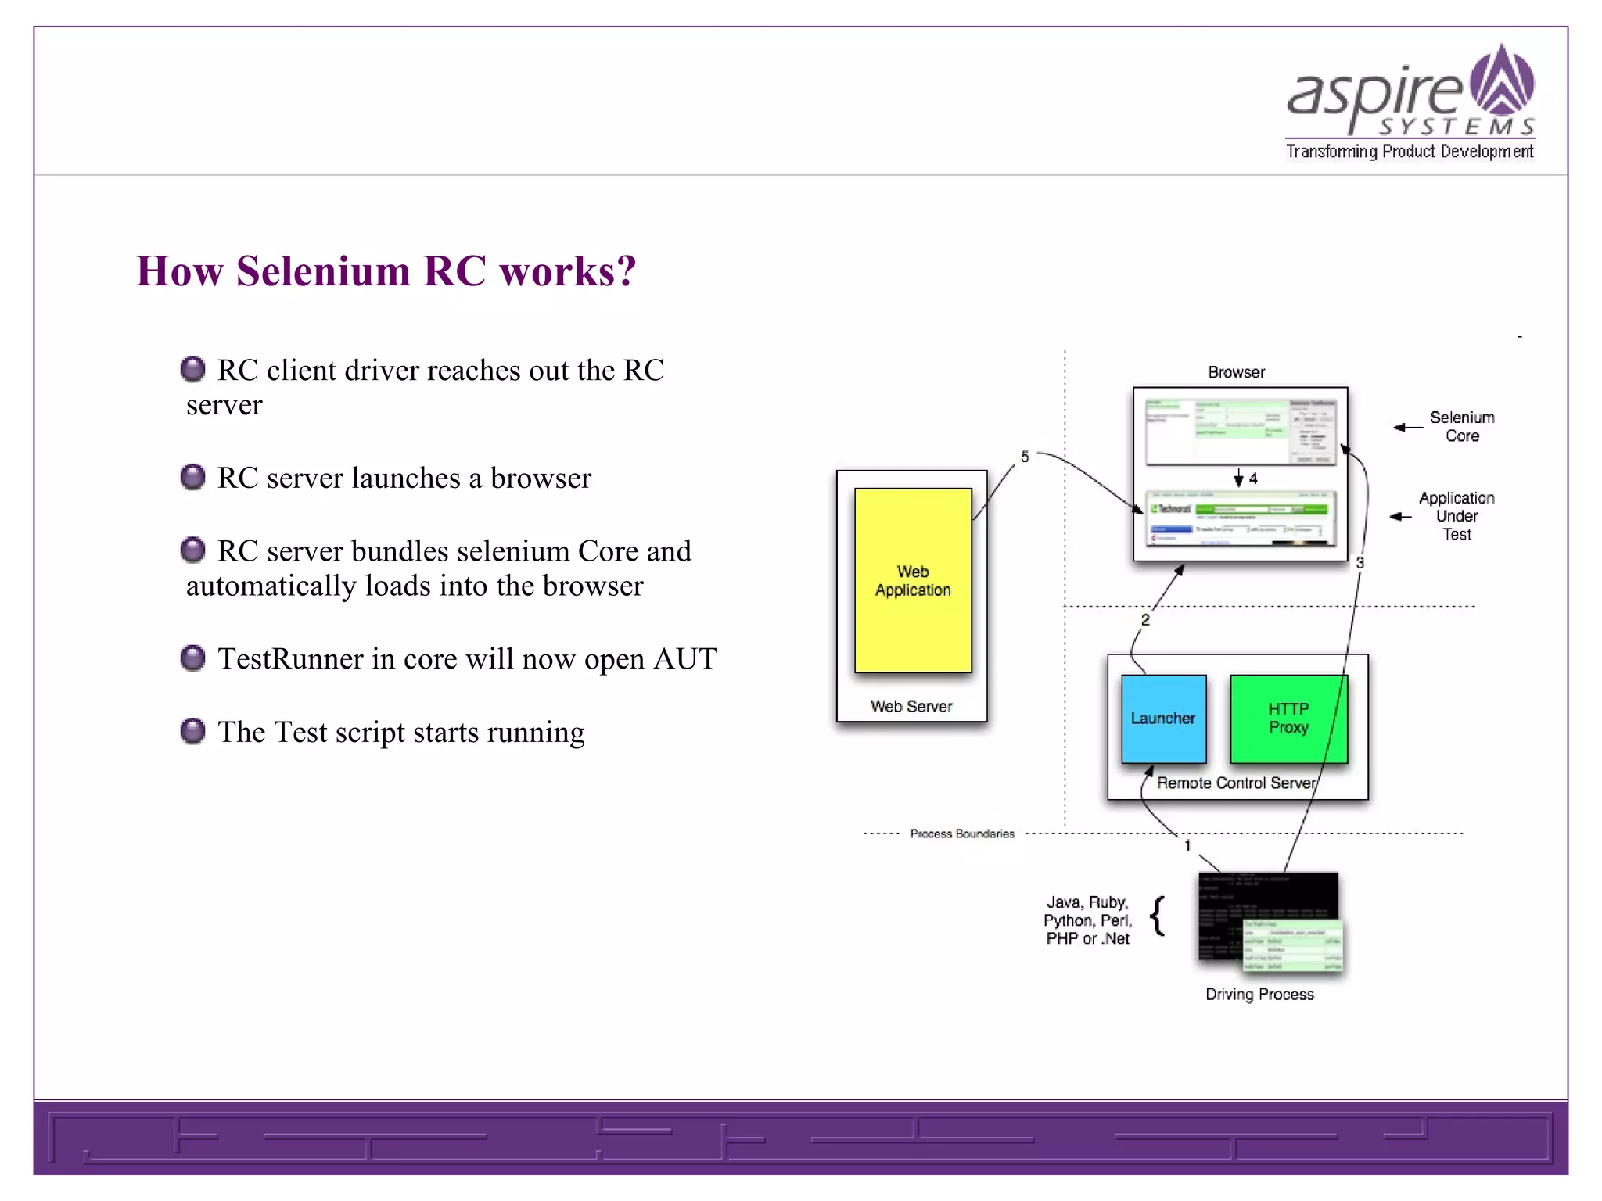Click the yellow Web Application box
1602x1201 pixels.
click(x=913, y=580)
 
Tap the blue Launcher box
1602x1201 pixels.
click(x=1163, y=719)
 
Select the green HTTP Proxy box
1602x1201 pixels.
click(x=1288, y=719)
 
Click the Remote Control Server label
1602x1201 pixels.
click(x=1236, y=783)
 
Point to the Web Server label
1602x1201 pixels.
click(x=911, y=707)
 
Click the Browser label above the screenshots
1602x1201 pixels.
click(x=1236, y=372)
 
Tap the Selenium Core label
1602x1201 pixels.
click(x=1461, y=427)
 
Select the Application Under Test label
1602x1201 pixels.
click(x=1457, y=516)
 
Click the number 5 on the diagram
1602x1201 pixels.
click(x=1025, y=457)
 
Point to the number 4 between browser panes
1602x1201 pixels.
click(x=1253, y=479)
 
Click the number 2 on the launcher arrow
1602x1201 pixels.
click(x=1145, y=620)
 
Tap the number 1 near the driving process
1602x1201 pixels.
click(x=1187, y=845)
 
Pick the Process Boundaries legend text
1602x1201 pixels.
click(x=962, y=834)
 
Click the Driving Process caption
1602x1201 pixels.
click(x=1259, y=995)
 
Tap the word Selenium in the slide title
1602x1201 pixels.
click(x=323, y=271)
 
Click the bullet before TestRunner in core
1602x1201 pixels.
click(x=192, y=658)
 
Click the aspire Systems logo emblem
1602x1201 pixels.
click(x=1502, y=81)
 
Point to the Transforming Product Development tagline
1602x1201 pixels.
click(x=1410, y=151)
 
